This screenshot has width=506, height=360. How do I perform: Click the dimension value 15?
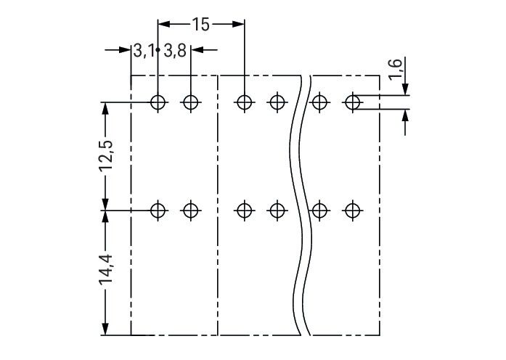tap(200, 25)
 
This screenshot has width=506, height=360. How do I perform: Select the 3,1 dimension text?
tap(143, 51)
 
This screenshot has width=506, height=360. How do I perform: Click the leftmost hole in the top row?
tap(158, 102)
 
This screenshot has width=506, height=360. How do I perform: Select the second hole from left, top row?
tap(190, 102)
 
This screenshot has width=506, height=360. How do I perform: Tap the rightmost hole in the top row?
tap(352, 102)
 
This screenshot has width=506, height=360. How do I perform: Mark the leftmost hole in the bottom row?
tap(158, 211)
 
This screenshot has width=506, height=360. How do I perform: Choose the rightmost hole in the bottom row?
tap(352, 211)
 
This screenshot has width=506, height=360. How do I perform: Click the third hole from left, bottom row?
tap(245, 211)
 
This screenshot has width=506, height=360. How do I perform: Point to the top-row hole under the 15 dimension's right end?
tap(245, 102)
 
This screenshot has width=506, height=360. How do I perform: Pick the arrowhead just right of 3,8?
tap(196, 51)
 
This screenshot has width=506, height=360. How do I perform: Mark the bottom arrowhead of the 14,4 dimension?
tap(106, 330)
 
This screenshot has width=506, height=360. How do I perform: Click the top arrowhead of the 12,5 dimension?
tap(106, 108)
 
